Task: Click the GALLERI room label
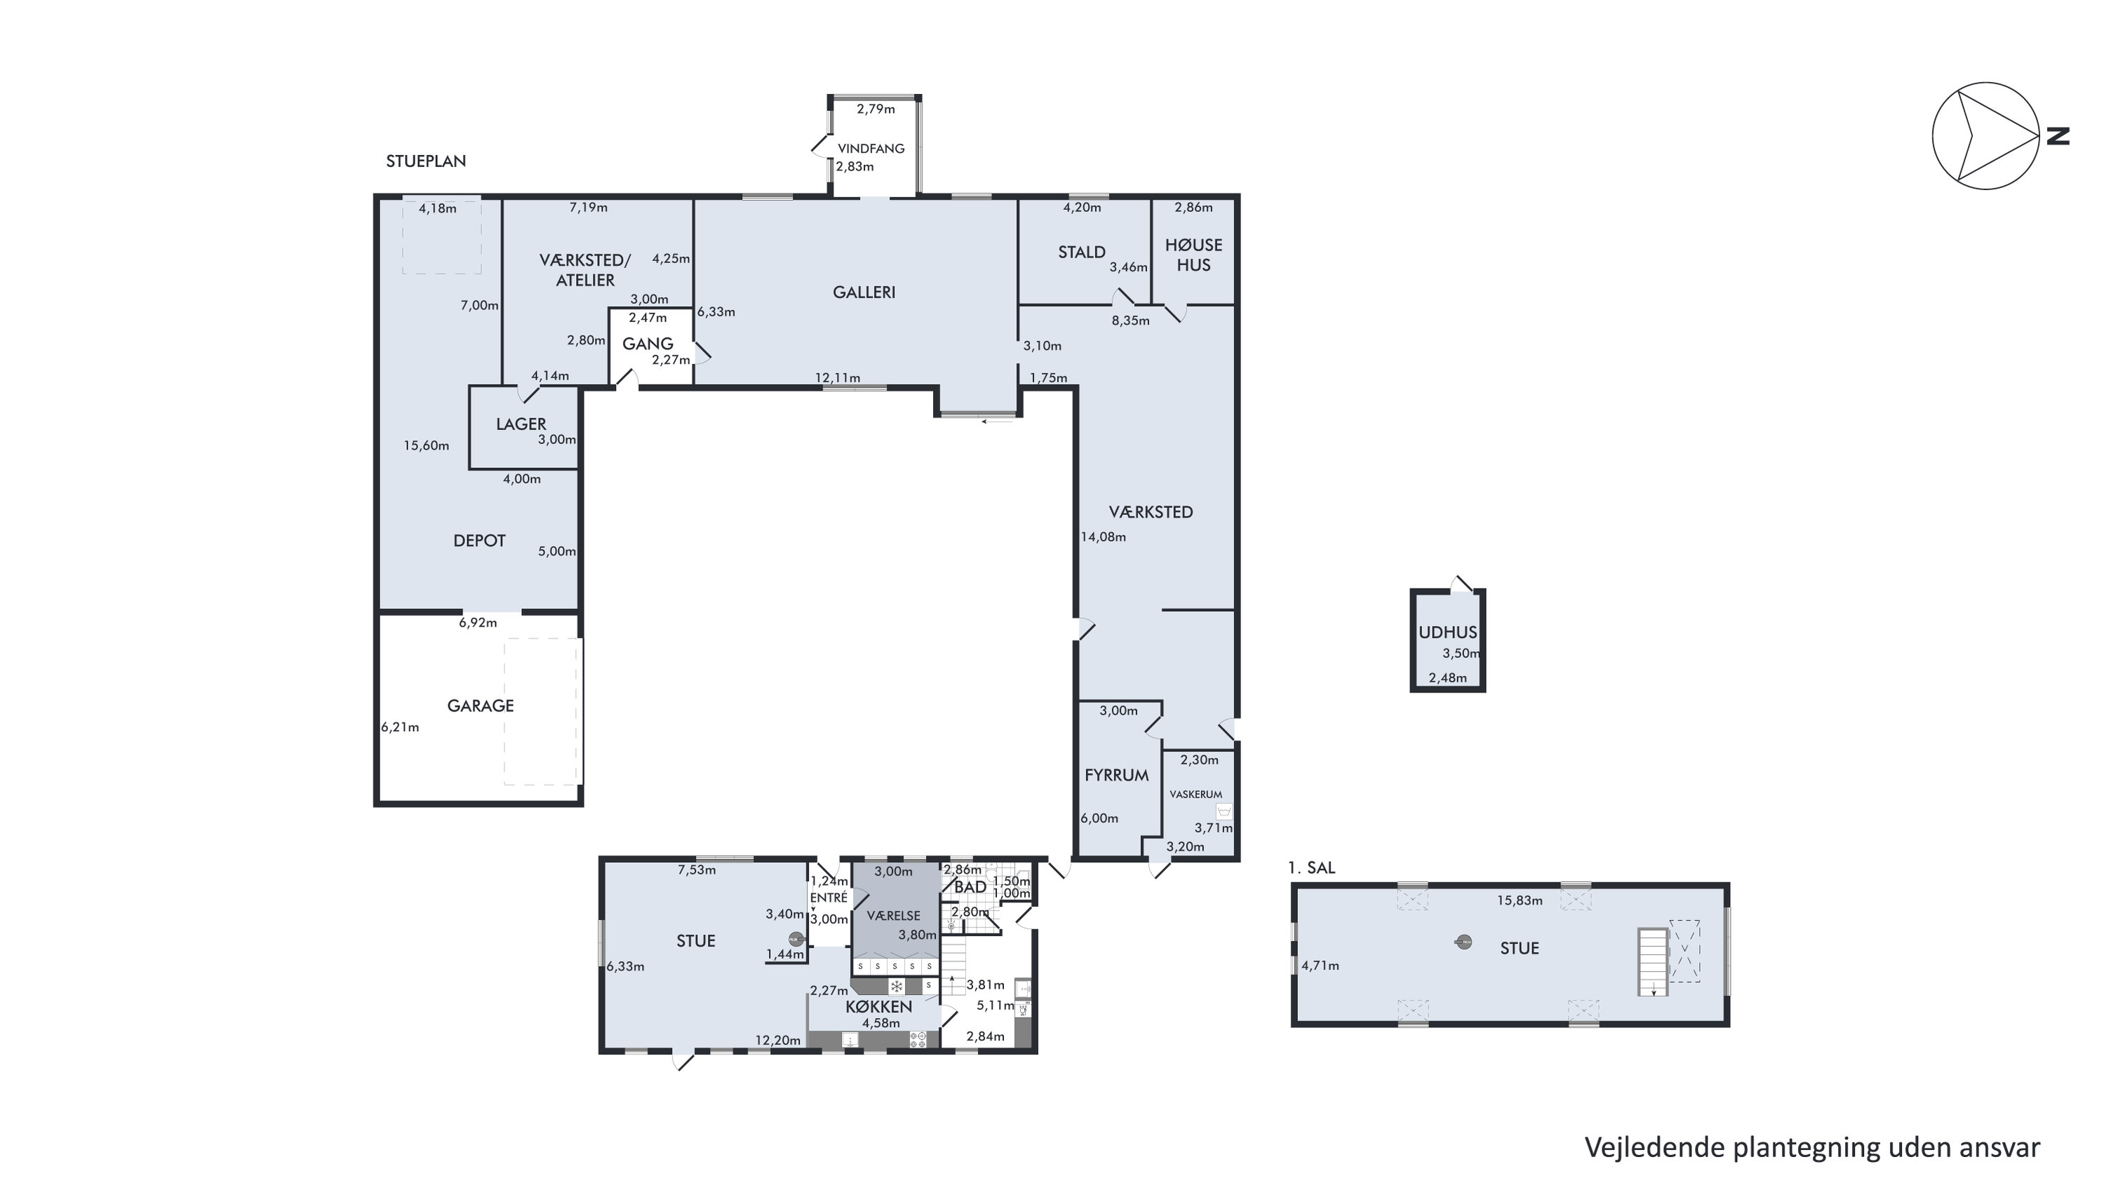864,292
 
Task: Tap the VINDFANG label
871,149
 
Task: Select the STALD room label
1081,253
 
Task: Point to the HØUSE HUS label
1193,255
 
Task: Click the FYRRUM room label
1116,775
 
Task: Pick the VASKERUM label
1195,794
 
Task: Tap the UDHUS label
1447,632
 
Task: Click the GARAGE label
481,706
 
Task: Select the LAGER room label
521,424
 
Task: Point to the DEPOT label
479,541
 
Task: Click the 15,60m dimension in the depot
427,446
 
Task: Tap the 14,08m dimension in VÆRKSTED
1104,537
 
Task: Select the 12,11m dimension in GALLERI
837,377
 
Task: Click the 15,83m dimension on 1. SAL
1519,900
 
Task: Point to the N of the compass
2058,135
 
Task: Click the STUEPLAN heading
427,161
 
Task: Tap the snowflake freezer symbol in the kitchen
896,986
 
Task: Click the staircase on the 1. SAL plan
1652,961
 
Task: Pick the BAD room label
970,887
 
